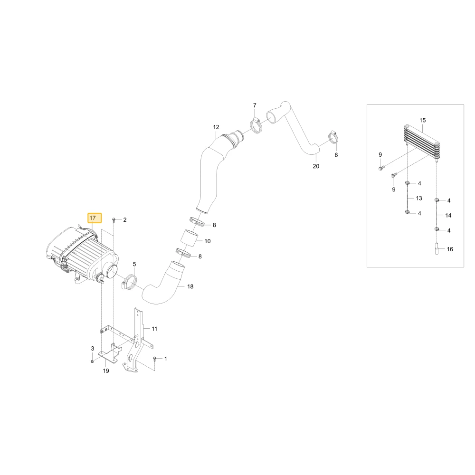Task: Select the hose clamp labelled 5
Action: pos(129,282)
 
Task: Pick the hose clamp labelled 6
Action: pos(333,138)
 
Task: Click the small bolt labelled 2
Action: pos(114,219)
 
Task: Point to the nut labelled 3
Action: pos(93,361)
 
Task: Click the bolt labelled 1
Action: pos(155,359)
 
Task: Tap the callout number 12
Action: pos(216,127)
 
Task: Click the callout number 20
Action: pos(316,166)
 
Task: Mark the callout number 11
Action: pos(154,329)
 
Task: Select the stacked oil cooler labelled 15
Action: pos(422,142)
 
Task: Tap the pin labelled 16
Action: pos(436,249)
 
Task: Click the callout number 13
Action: pos(419,198)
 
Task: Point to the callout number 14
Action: pos(448,215)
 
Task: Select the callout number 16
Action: pos(450,249)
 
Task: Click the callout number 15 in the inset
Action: pos(423,120)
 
